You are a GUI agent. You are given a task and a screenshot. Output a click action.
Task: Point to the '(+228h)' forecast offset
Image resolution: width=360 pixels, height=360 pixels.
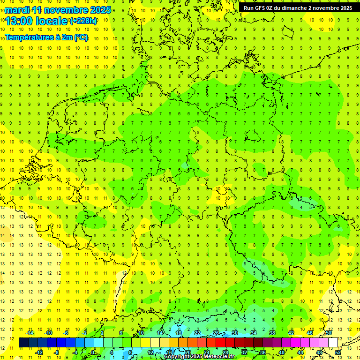point(83,21)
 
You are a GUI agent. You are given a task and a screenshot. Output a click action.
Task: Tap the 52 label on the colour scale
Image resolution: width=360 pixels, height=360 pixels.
point(337,352)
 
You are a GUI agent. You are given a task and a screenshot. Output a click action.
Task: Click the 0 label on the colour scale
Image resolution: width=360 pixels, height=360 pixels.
point(92,352)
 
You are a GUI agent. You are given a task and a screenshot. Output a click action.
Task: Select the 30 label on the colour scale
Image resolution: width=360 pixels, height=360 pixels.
point(234,333)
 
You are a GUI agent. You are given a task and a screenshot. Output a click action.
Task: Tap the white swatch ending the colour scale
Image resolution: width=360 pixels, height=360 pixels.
point(333,342)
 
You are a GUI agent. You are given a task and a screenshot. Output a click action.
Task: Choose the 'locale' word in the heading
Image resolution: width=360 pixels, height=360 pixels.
point(52,21)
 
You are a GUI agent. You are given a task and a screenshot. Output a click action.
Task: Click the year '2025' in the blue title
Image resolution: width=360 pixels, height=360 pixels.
point(100,10)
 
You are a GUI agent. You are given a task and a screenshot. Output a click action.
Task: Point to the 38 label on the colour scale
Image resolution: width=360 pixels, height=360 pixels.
point(272,333)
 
